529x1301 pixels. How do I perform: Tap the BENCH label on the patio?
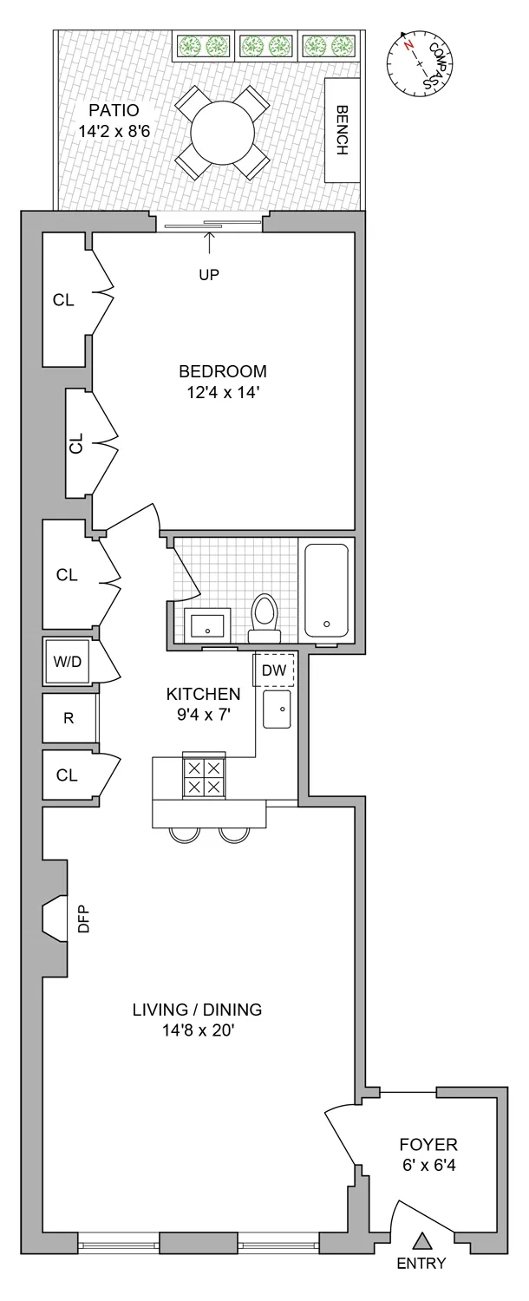pyautogui.click(x=342, y=130)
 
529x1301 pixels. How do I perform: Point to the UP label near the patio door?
pyautogui.click(x=209, y=275)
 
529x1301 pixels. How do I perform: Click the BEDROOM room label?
pyautogui.click(x=223, y=371)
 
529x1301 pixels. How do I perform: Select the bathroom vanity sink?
pyautogui.click(x=208, y=624)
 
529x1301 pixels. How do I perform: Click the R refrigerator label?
pyautogui.click(x=68, y=718)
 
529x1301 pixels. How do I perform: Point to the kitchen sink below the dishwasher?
pyautogui.click(x=278, y=710)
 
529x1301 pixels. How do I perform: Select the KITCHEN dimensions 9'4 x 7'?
pyautogui.click(x=203, y=715)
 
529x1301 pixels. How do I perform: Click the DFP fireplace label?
pyautogui.click(x=84, y=919)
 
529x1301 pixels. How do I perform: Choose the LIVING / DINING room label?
pyautogui.click(x=197, y=1010)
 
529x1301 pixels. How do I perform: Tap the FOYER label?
pyautogui.click(x=428, y=1144)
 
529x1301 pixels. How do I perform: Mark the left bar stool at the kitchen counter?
pyautogui.click(x=185, y=834)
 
